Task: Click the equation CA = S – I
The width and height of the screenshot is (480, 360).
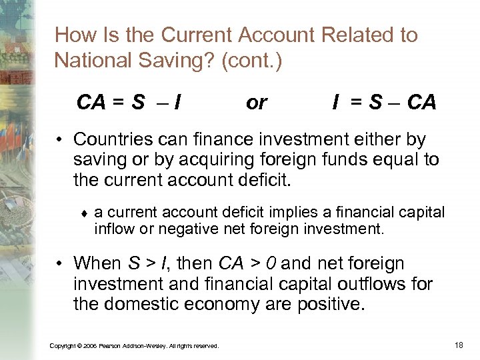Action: [x=131, y=102]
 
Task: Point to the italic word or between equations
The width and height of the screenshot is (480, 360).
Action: [x=257, y=102]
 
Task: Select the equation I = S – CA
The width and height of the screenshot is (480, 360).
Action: [x=385, y=102]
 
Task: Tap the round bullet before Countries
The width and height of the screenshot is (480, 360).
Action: [x=60, y=141]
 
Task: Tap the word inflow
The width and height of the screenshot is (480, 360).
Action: [x=114, y=229]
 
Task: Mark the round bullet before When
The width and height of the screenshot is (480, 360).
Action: [x=60, y=264]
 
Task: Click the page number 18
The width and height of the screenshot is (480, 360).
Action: [x=458, y=344]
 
